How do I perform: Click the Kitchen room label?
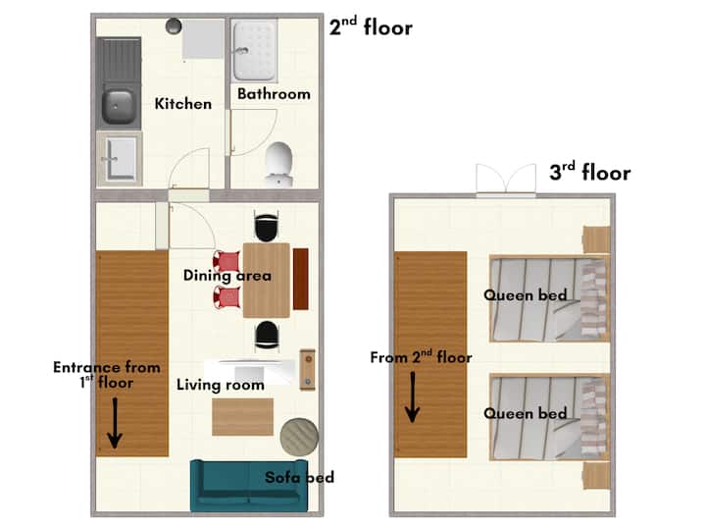click(x=182, y=104)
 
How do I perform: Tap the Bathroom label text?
click(x=274, y=94)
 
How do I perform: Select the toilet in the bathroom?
click(x=278, y=164)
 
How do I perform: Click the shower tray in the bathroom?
click(x=254, y=50)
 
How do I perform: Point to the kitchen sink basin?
click(x=118, y=107)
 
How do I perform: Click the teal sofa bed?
click(x=249, y=486)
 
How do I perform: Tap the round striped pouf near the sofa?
click(x=299, y=436)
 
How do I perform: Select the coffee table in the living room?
click(x=243, y=417)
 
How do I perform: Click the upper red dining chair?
click(x=227, y=261)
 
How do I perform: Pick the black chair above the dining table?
click(x=266, y=227)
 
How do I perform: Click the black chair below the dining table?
click(x=267, y=337)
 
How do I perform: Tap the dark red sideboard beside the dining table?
click(x=301, y=279)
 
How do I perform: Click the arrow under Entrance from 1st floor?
click(x=115, y=423)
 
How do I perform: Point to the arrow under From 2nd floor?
click(x=413, y=397)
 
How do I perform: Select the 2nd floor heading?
click(x=371, y=26)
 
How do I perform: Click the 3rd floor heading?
click(x=590, y=172)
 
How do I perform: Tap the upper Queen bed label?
click(x=525, y=295)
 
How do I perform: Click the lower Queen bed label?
click(x=525, y=413)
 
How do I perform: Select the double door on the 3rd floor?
click(x=506, y=180)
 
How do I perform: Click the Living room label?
click(x=221, y=385)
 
